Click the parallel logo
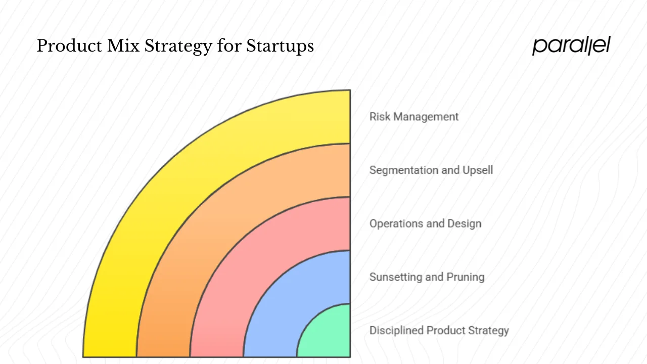point(571,45)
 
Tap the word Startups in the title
point(280,46)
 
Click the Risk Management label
point(414,117)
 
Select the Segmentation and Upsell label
point(431,170)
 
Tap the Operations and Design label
point(425,223)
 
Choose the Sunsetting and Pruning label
point(427,277)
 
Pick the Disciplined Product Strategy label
point(439,331)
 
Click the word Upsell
point(478,170)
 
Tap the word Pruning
point(465,277)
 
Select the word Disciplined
point(396,331)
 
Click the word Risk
point(380,117)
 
